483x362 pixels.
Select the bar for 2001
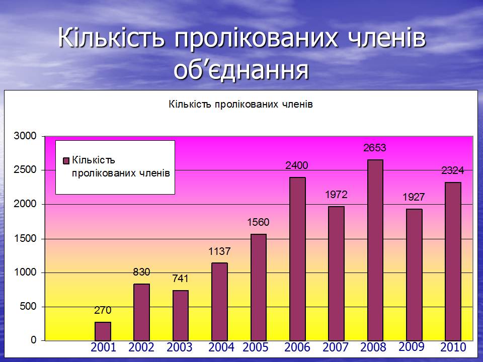pyautogui.click(x=103, y=331)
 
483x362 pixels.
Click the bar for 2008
pyautogui.click(x=375, y=250)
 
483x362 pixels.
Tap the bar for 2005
pyautogui.click(x=259, y=287)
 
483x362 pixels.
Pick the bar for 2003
pyautogui.click(x=181, y=315)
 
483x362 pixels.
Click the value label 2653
pyautogui.click(x=374, y=148)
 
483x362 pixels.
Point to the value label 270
pyautogui.click(x=103, y=310)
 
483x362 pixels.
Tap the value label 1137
pyautogui.click(x=219, y=251)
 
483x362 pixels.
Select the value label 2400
pyautogui.click(x=297, y=165)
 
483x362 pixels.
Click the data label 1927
pyautogui.click(x=414, y=197)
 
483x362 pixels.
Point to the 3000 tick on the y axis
pyautogui.click(x=25, y=136)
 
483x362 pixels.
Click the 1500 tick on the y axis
pyautogui.click(x=25, y=238)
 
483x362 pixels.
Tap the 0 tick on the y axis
pyautogui.click(x=34, y=340)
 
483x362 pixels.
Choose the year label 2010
pyautogui.click(x=453, y=347)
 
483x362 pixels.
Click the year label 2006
pyautogui.click(x=297, y=347)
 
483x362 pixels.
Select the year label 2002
pyautogui.click(x=141, y=347)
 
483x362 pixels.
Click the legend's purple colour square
pyautogui.click(x=66, y=161)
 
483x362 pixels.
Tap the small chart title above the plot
pyautogui.click(x=240, y=105)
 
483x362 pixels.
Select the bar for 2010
pyautogui.click(x=453, y=261)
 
